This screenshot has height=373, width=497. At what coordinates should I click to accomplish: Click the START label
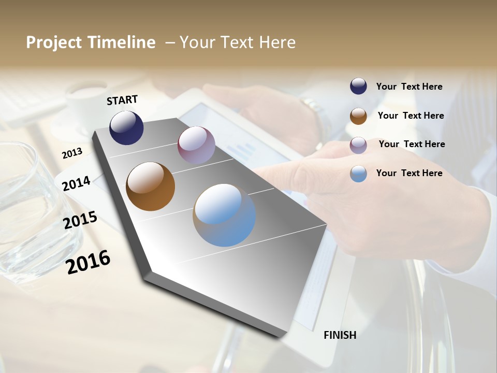[122, 99]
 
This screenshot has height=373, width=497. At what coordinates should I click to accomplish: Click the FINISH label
[340, 335]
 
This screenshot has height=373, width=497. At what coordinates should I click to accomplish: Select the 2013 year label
[72, 153]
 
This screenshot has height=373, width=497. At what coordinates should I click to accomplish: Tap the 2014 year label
[76, 183]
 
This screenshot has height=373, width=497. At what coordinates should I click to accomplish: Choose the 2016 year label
[88, 262]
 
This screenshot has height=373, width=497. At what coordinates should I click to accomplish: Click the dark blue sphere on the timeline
[126, 128]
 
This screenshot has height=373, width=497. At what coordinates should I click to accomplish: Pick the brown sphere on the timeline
[150, 187]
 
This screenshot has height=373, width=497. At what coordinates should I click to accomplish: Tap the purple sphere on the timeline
[196, 145]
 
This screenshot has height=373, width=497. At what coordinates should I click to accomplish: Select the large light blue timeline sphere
[224, 215]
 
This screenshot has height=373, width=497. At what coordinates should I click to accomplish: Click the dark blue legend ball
[358, 86]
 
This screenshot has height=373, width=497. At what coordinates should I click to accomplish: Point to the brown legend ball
[358, 116]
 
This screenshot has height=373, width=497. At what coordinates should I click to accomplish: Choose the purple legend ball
[358, 145]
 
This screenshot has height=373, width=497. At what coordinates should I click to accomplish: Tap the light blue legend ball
[358, 174]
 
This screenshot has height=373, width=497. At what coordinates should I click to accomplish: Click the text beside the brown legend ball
[411, 116]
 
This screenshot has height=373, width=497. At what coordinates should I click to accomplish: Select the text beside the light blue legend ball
[409, 173]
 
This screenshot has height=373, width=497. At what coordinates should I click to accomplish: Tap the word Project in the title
[53, 42]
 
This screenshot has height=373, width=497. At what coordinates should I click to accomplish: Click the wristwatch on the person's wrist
[315, 110]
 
